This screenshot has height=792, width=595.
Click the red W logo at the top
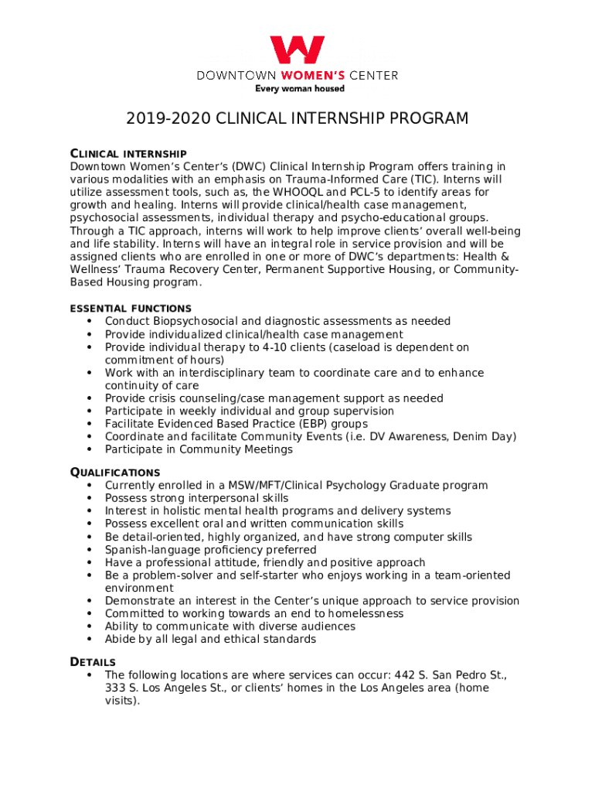[297, 51]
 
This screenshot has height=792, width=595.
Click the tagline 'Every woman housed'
[300, 89]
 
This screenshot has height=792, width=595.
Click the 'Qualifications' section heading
[115, 472]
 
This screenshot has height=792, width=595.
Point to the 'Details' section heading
[93, 662]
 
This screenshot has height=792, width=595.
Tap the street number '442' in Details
[400, 675]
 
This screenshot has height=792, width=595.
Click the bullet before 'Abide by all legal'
[90, 640]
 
